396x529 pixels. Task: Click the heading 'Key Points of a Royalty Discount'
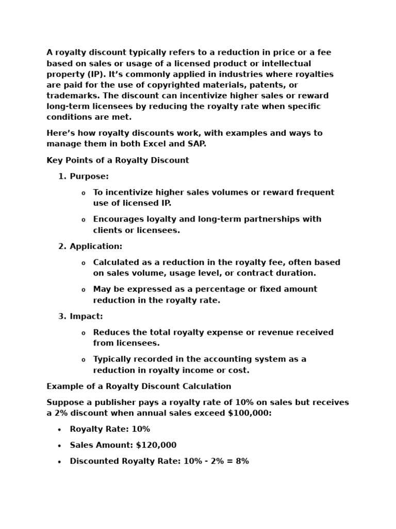[118, 160]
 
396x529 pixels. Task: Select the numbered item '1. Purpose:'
[84, 176]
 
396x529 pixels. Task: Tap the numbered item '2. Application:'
[90, 246]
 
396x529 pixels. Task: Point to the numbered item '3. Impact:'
[80, 316]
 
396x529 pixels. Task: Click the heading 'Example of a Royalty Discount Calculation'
[139, 386]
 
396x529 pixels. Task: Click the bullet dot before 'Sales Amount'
[59, 446]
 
